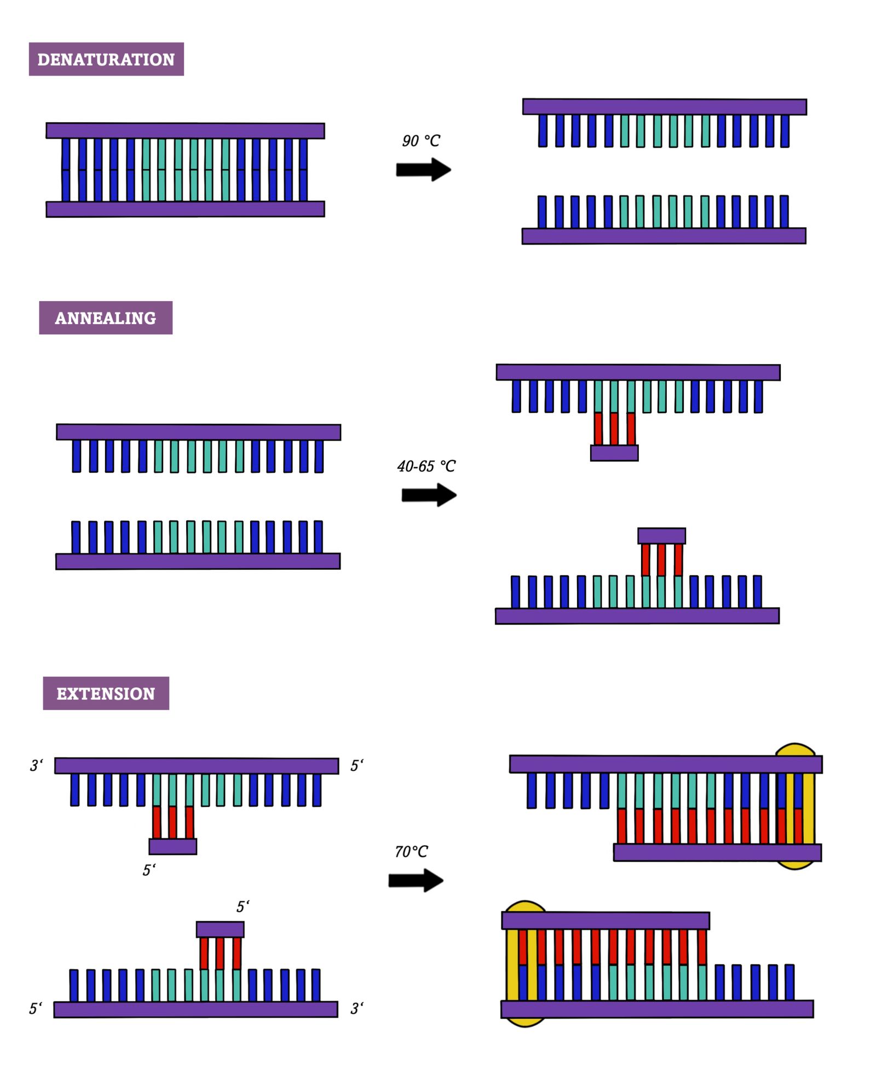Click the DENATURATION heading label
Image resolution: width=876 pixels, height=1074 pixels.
106,59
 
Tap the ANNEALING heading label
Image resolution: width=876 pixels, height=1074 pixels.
106,317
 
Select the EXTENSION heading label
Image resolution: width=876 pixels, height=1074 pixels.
106,693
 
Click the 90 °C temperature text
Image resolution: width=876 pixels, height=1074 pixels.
420,141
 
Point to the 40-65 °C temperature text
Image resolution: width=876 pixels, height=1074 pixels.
426,466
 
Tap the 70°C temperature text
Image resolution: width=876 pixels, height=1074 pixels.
411,852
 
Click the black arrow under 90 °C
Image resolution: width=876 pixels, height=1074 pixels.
423,170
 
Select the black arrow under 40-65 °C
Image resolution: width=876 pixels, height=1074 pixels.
429,495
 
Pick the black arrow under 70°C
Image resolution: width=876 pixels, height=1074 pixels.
416,880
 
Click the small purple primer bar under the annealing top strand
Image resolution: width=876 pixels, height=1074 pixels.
614,453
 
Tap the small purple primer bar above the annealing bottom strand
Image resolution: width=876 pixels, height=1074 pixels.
661,535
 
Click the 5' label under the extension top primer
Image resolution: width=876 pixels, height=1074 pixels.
149,870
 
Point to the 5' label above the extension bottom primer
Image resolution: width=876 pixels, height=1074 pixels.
243,906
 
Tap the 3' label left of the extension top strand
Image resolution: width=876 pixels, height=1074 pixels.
36,765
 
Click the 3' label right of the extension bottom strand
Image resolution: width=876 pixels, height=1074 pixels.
357,1008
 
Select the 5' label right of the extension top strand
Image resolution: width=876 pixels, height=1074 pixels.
357,765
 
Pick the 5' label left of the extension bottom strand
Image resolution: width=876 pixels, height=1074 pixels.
36,1008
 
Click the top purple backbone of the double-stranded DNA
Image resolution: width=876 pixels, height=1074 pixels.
185,131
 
